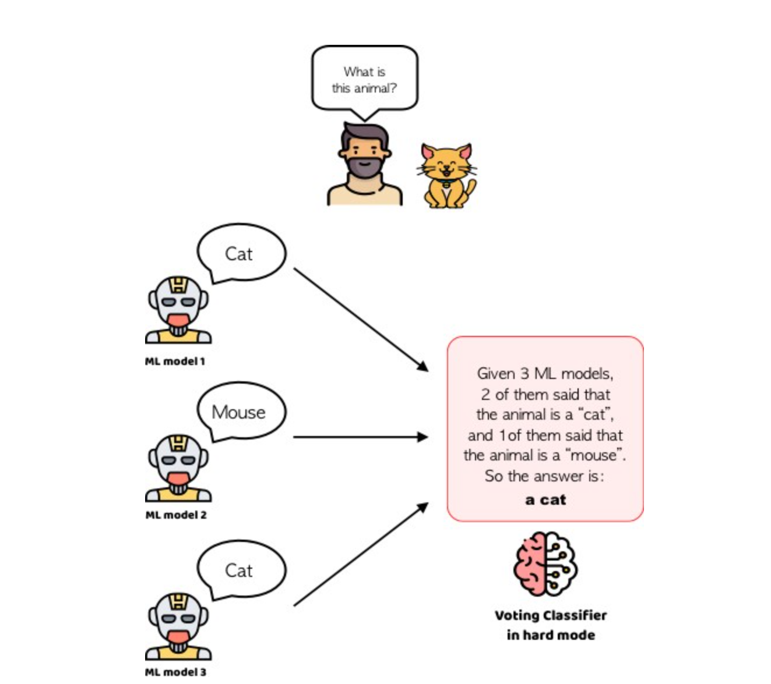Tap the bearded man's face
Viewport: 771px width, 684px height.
pos(364,154)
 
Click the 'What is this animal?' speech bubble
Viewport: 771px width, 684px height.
pos(365,80)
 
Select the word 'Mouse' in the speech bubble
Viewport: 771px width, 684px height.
pos(238,412)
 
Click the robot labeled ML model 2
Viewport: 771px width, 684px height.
pos(178,468)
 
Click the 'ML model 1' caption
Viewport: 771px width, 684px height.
pos(175,362)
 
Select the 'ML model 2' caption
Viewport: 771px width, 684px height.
pos(175,515)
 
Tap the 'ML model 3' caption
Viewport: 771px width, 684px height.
pos(175,672)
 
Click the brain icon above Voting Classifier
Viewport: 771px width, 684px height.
pos(545,563)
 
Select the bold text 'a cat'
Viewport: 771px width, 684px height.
pos(545,499)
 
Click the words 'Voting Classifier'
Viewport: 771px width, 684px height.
pos(551,615)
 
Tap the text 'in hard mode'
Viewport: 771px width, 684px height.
pos(551,635)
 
